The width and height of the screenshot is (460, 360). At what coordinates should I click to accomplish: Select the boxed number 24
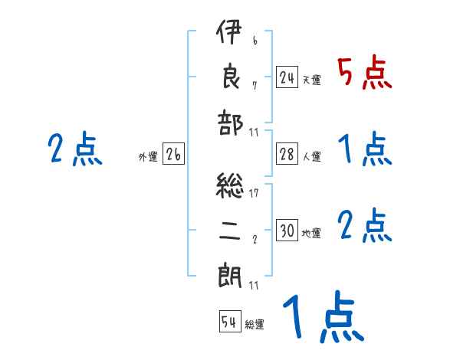(x=287, y=77)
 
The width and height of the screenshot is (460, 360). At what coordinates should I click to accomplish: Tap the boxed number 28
(x=287, y=154)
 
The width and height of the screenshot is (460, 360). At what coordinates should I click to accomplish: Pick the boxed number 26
(x=173, y=155)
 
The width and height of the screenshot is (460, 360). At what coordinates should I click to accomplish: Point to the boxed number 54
(x=229, y=322)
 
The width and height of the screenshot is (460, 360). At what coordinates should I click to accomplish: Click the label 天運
(x=311, y=80)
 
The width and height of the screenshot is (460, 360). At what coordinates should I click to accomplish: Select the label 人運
(x=311, y=156)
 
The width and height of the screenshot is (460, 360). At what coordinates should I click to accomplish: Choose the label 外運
(x=147, y=157)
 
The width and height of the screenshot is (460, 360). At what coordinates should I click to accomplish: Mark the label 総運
(x=255, y=324)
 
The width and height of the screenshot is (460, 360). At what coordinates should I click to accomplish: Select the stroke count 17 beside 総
(x=254, y=193)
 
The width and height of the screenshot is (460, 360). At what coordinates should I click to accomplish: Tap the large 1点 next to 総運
(x=322, y=318)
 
